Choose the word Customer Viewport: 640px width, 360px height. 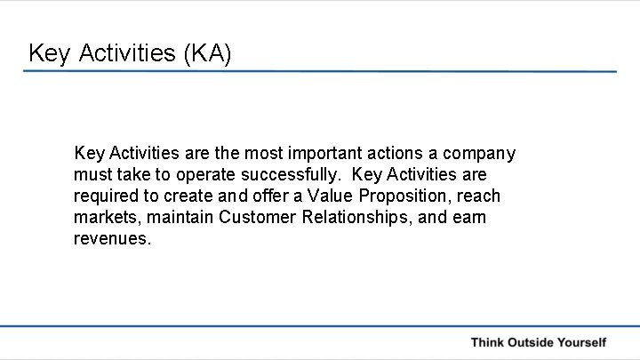click(251, 218)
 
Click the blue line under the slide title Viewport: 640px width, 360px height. click(320, 71)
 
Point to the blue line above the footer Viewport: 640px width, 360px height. click(320, 326)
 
